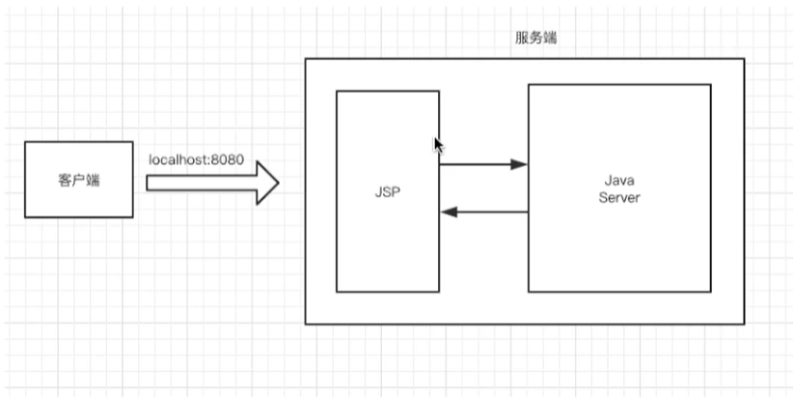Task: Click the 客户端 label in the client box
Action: (x=78, y=181)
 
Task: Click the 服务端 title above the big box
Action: (x=535, y=38)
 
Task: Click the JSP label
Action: (x=387, y=191)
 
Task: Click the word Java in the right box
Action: (x=618, y=182)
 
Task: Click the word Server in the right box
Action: (x=618, y=197)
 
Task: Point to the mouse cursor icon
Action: (x=438, y=145)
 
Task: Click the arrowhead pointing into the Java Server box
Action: (x=520, y=164)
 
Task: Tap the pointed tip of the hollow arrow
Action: (x=278, y=183)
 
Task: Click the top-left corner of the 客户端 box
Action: (x=25, y=141)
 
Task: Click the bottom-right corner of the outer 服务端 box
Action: (x=745, y=324)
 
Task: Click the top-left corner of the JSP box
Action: (x=337, y=91)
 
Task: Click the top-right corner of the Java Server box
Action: (x=711, y=84)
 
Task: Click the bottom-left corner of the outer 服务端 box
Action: (x=306, y=324)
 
